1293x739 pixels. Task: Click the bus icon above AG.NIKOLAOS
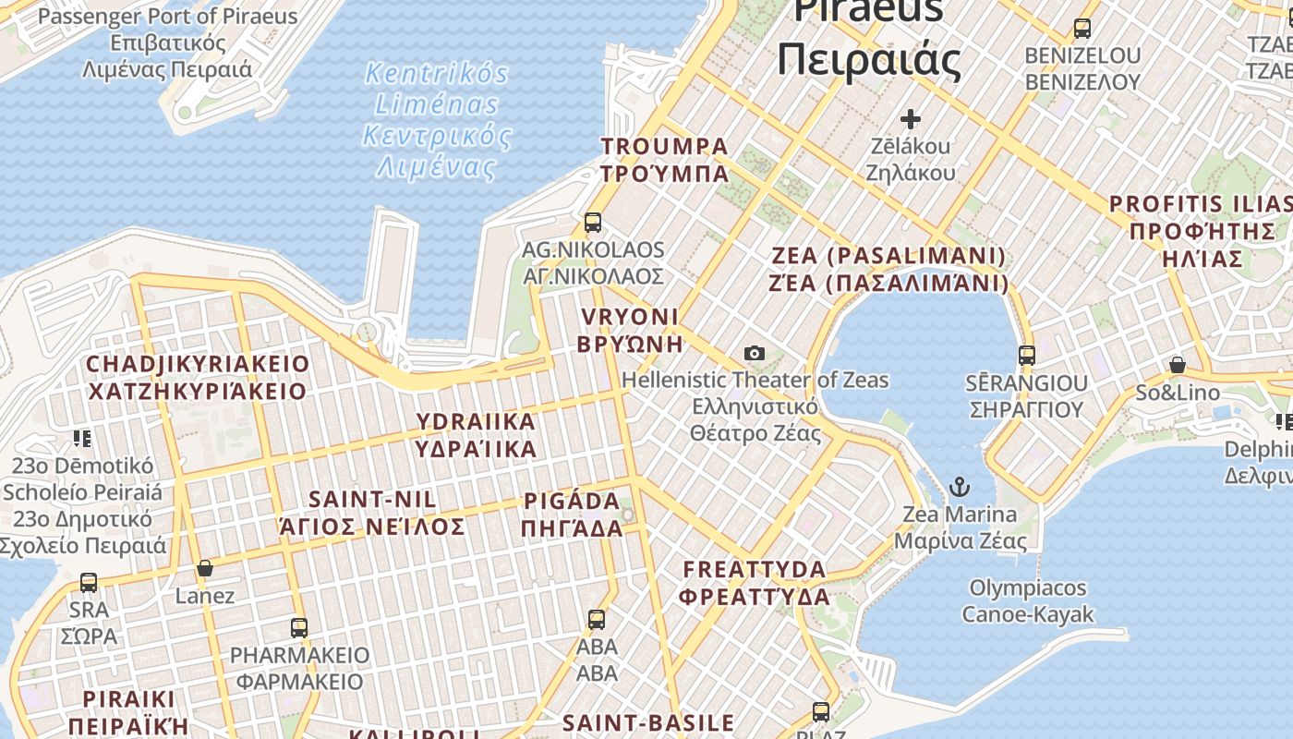(593, 222)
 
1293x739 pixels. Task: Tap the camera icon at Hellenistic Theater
(755, 353)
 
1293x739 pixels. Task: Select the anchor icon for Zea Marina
(961, 486)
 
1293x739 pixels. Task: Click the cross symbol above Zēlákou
(911, 118)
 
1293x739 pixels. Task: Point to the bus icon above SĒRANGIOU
(1026, 355)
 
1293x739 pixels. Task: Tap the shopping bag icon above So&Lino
(1178, 365)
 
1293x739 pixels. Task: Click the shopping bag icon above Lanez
(205, 567)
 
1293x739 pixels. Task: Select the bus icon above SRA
(89, 582)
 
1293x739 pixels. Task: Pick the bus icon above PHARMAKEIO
(299, 628)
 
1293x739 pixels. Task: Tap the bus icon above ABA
(597, 619)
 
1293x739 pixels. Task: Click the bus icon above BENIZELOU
(1082, 28)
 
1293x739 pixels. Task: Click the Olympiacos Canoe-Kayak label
(1028, 600)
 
